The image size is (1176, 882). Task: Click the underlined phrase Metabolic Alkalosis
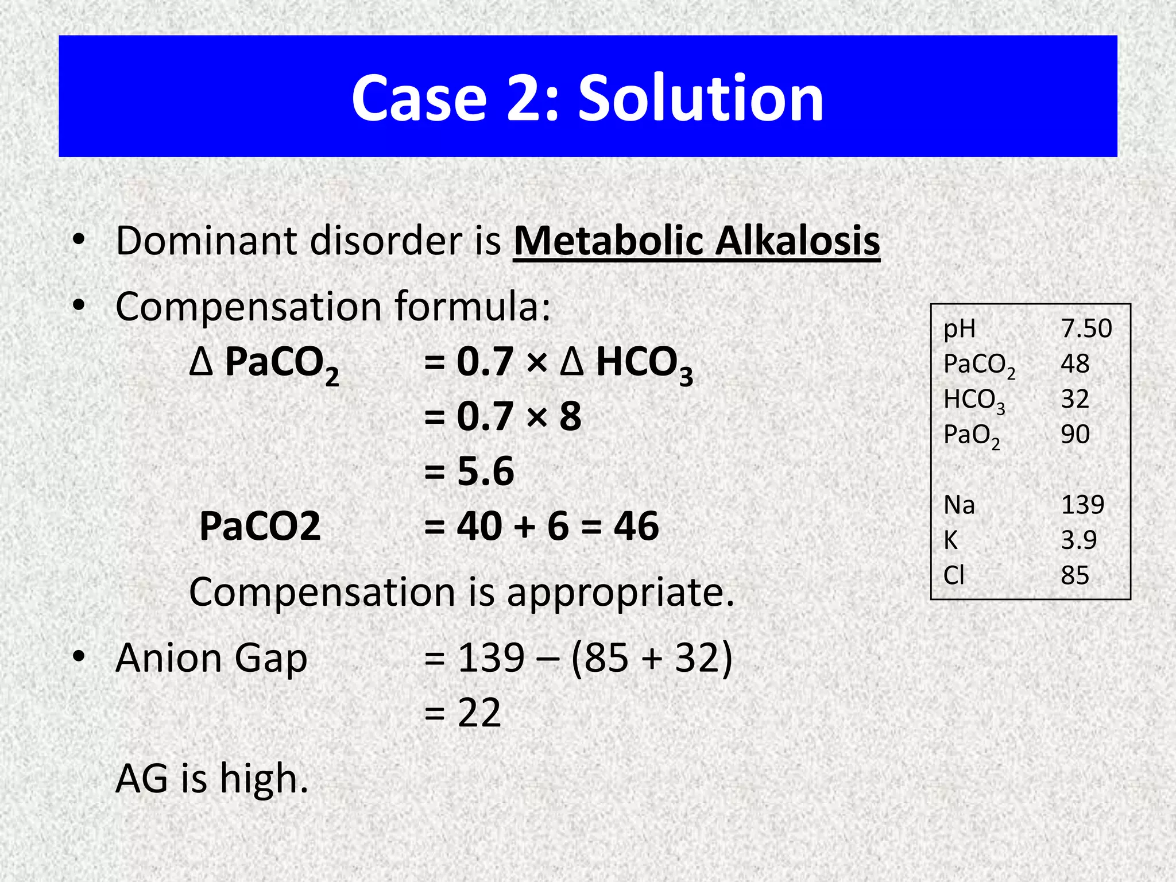click(697, 241)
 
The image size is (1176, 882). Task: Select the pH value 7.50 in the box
click(1086, 328)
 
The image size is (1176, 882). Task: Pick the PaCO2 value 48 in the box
click(1075, 363)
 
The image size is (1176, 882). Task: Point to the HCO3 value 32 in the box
click(1075, 399)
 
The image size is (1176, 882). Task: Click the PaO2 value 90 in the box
click(1075, 434)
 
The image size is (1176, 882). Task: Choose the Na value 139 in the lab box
click(1082, 505)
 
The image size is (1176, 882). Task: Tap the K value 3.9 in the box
click(1078, 540)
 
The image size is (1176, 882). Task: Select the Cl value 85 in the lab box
click(1075, 575)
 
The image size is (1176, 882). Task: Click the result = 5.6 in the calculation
click(469, 471)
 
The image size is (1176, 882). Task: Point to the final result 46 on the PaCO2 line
click(636, 526)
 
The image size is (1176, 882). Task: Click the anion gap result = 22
click(463, 713)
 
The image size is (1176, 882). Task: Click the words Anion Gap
click(211, 658)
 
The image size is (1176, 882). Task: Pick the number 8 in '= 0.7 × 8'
click(570, 416)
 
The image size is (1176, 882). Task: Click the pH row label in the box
click(960, 329)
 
